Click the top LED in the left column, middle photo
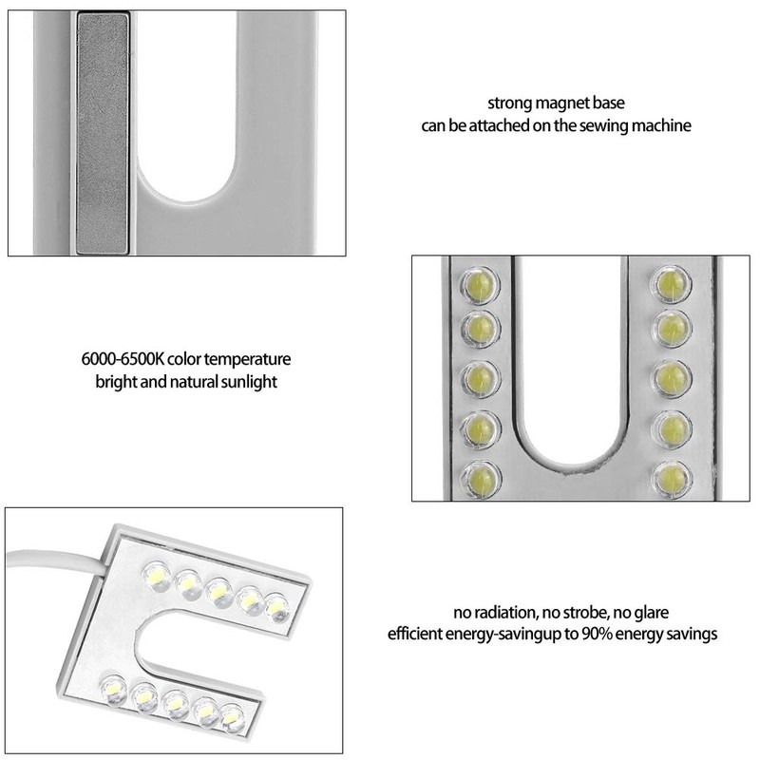coord(479,283)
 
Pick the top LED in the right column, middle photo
coord(670,283)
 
